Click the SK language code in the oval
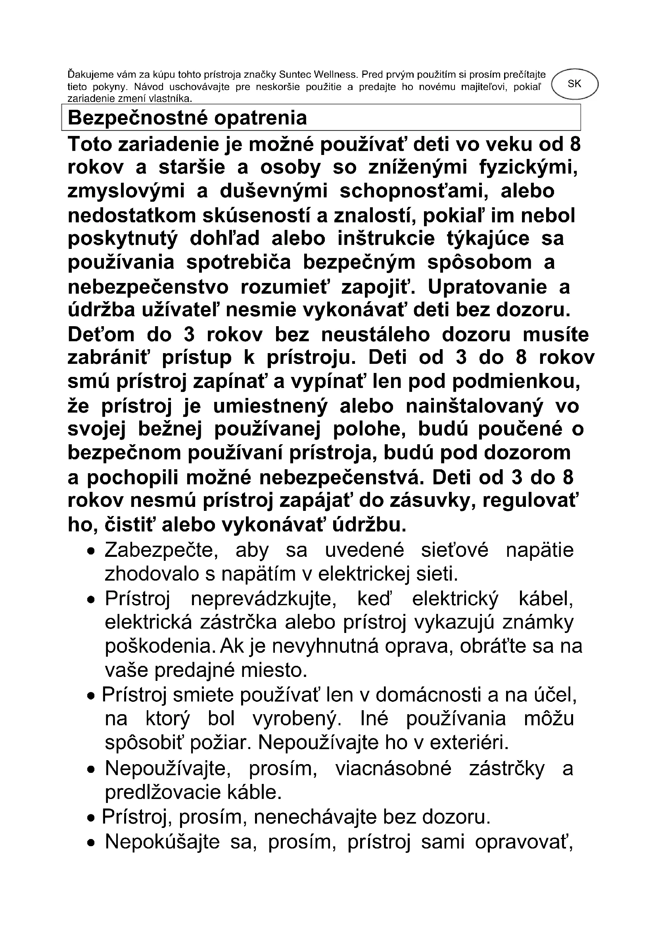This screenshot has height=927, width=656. click(x=574, y=84)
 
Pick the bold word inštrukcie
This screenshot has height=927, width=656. click(x=386, y=239)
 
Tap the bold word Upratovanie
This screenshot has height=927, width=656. click(x=487, y=287)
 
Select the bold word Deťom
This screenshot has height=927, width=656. click(x=101, y=335)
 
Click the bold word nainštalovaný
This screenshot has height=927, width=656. click(x=475, y=407)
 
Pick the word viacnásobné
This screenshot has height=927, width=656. click(x=393, y=768)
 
